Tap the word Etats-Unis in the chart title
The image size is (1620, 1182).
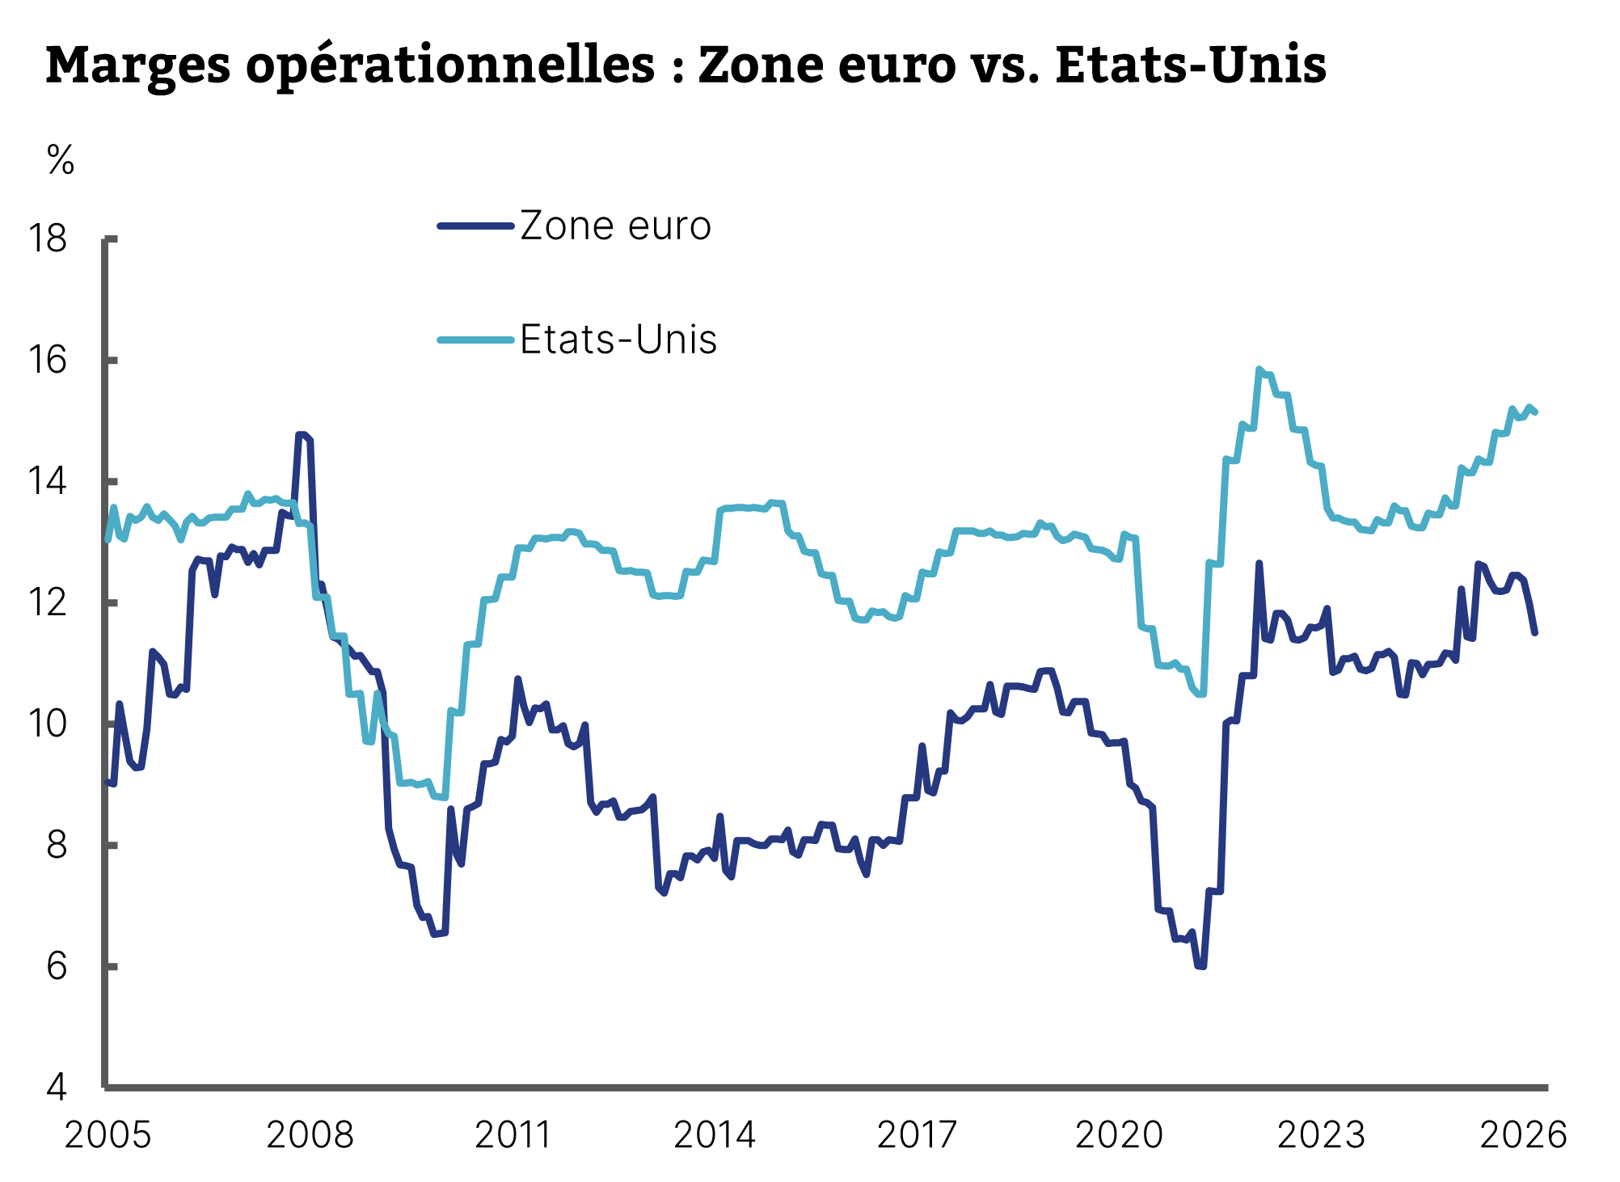[1190, 65]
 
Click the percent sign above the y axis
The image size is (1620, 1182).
[61, 160]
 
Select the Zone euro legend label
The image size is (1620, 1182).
[615, 226]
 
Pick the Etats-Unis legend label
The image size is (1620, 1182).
[618, 340]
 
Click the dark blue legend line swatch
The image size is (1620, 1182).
[476, 226]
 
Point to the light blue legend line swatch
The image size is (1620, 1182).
[476, 340]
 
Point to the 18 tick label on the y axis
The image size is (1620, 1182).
[48, 239]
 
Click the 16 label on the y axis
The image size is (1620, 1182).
[48, 361]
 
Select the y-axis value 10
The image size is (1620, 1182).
[48, 724]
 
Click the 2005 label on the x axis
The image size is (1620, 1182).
[108, 1135]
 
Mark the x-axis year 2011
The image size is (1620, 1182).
[513, 1135]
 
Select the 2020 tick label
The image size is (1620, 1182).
[1119, 1135]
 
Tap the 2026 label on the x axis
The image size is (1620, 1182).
[1523, 1135]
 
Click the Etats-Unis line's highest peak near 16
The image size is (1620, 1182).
[1259, 369]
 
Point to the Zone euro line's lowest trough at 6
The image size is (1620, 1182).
[1201, 966]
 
